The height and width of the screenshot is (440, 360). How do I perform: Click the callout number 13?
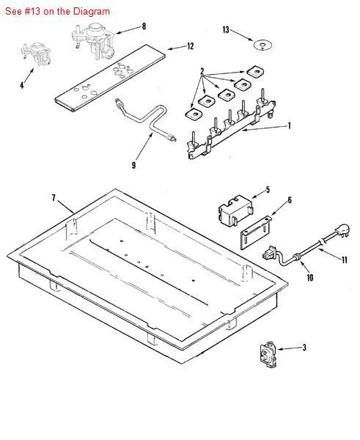point(226,30)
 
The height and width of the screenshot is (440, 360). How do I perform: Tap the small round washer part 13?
point(263,45)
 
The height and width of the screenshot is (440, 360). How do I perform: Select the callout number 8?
point(144,26)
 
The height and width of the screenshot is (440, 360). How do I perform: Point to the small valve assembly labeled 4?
point(36,54)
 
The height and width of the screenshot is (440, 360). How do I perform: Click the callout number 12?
point(191,46)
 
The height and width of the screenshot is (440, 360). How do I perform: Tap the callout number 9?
point(134,165)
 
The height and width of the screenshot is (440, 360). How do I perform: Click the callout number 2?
point(202,71)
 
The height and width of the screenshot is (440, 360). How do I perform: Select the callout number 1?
point(290,125)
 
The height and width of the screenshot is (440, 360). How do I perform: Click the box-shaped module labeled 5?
point(235,210)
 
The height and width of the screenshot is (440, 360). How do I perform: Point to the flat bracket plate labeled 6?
point(256,232)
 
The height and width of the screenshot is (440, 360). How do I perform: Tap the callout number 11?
point(345,260)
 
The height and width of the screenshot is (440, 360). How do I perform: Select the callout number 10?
point(309,277)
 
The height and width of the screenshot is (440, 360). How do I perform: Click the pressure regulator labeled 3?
point(268,354)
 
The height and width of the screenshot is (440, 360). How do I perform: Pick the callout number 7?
point(54,198)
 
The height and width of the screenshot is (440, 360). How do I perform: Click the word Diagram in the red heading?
point(92,12)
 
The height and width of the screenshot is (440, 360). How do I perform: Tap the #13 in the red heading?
point(31,12)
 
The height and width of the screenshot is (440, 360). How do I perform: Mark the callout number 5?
point(268,190)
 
